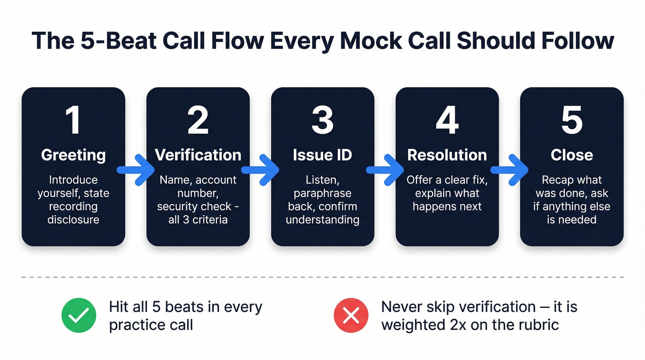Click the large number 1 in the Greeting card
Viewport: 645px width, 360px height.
point(73,120)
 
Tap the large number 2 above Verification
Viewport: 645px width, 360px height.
point(198,120)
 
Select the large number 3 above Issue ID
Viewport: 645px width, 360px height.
point(322,120)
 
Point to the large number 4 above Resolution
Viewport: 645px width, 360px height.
point(447,120)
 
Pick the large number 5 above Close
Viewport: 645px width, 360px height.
point(572,120)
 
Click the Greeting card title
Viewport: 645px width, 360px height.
point(73,155)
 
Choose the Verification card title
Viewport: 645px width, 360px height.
point(198,155)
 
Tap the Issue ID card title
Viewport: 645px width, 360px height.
point(322,155)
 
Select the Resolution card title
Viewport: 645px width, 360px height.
point(447,155)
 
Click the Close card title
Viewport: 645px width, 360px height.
point(572,155)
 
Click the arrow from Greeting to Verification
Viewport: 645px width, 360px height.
point(135,170)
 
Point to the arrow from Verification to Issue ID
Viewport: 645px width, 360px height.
point(260,170)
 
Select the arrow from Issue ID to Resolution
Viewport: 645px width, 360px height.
point(385,170)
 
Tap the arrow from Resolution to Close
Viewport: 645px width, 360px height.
point(510,170)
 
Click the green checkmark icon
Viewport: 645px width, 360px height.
point(79,315)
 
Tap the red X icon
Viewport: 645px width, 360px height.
point(351,315)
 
